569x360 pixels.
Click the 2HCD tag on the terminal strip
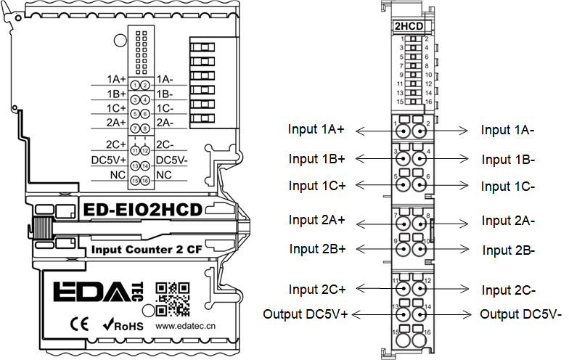point(409,28)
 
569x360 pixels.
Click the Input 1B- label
point(508,159)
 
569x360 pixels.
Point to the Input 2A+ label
point(317,220)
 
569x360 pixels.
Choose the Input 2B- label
point(509,250)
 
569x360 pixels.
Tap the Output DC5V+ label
point(306,315)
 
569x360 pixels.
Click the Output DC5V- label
point(521,315)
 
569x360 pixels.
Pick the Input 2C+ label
point(317,289)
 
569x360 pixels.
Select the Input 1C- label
point(508,187)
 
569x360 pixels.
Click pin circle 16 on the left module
point(145,181)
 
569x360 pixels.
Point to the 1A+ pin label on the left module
point(117,79)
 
